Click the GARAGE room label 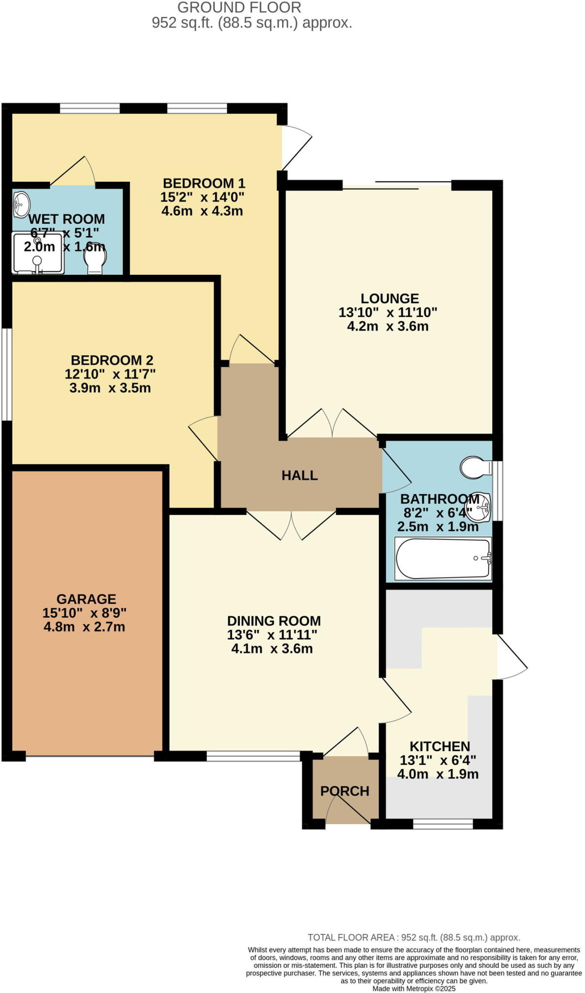86,599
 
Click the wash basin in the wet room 21,204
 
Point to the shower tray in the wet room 38,253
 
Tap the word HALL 300,475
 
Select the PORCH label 345,791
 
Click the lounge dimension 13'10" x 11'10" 388,312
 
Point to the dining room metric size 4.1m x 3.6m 272,649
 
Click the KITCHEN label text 440,746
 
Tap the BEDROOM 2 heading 112,360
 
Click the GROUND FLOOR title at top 239,7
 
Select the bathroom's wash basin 482,505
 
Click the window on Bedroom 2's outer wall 6,374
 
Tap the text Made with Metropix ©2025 414,988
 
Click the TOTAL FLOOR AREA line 414,937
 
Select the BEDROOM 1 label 204,183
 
